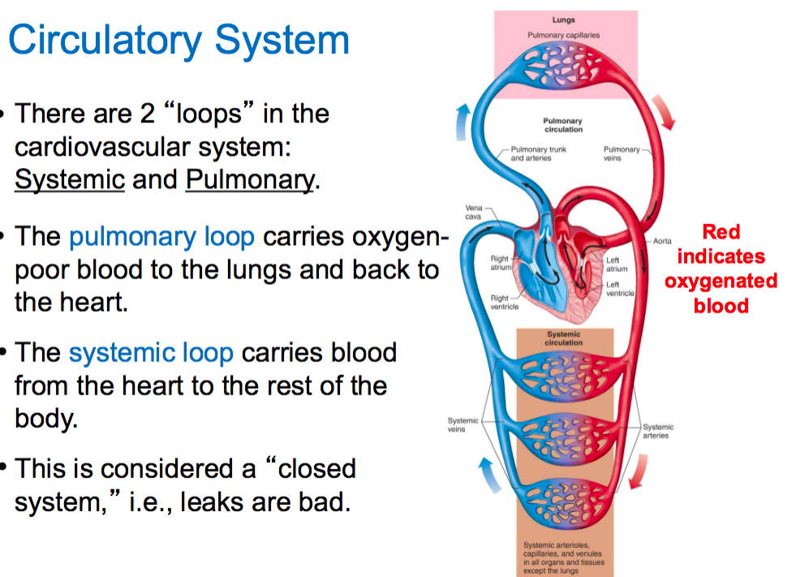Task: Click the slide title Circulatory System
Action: (179, 40)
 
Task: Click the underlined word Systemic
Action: (70, 179)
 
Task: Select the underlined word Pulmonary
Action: (250, 179)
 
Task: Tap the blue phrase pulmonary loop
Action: (161, 237)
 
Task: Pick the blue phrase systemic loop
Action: (151, 353)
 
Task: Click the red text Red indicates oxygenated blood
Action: (721, 269)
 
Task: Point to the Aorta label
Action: (662, 241)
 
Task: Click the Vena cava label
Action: (473, 212)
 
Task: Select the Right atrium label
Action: (500, 264)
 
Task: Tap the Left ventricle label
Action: (619, 289)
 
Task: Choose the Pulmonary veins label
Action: (622, 153)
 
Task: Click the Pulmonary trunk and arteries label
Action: (538, 153)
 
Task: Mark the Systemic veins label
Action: (463, 424)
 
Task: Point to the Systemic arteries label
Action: (658, 431)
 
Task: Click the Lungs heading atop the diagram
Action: (563, 19)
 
